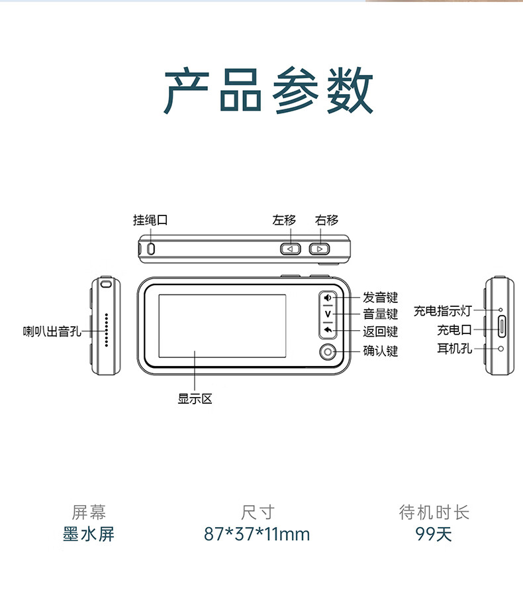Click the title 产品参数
(x=268, y=91)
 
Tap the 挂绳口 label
(x=150, y=220)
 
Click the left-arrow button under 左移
(x=289, y=249)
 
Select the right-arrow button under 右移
(x=319, y=249)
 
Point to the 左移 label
(x=284, y=220)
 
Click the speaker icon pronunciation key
(x=328, y=298)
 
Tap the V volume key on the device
(x=328, y=314)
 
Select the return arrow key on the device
(x=328, y=330)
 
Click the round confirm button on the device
(x=328, y=352)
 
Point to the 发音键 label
(x=380, y=298)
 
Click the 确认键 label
(x=380, y=351)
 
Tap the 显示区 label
(x=195, y=399)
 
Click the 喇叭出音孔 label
(x=52, y=330)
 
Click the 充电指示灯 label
(x=443, y=311)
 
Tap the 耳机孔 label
(x=454, y=348)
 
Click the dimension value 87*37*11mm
(x=257, y=534)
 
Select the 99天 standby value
(x=434, y=534)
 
